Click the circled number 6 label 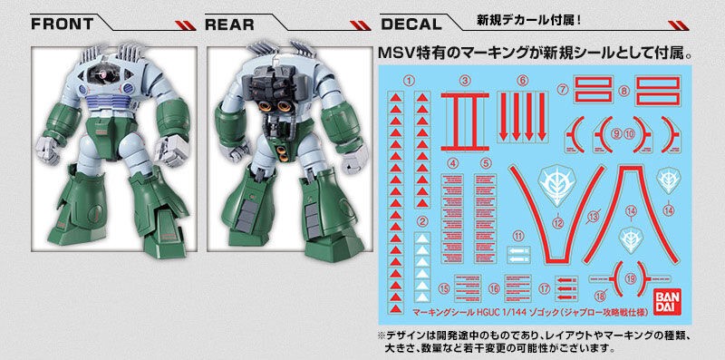coord(523,81)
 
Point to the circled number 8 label coord(623,91)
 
